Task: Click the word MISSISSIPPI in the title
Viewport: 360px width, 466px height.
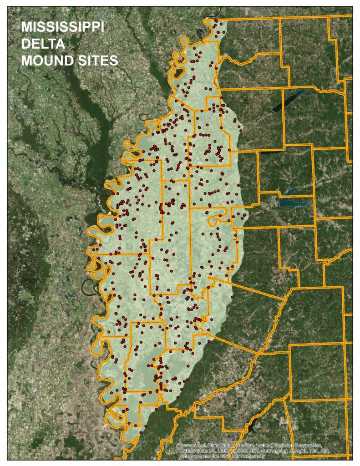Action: coord(62,28)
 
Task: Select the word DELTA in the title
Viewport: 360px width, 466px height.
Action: coord(42,44)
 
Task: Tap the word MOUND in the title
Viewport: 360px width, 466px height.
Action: coord(46,61)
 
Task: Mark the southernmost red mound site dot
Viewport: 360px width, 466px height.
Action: coord(141,433)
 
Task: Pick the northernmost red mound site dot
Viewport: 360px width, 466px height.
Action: coord(216,20)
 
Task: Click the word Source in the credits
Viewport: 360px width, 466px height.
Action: coord(186,445)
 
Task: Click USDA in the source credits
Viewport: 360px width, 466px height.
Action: coord(226,451)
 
